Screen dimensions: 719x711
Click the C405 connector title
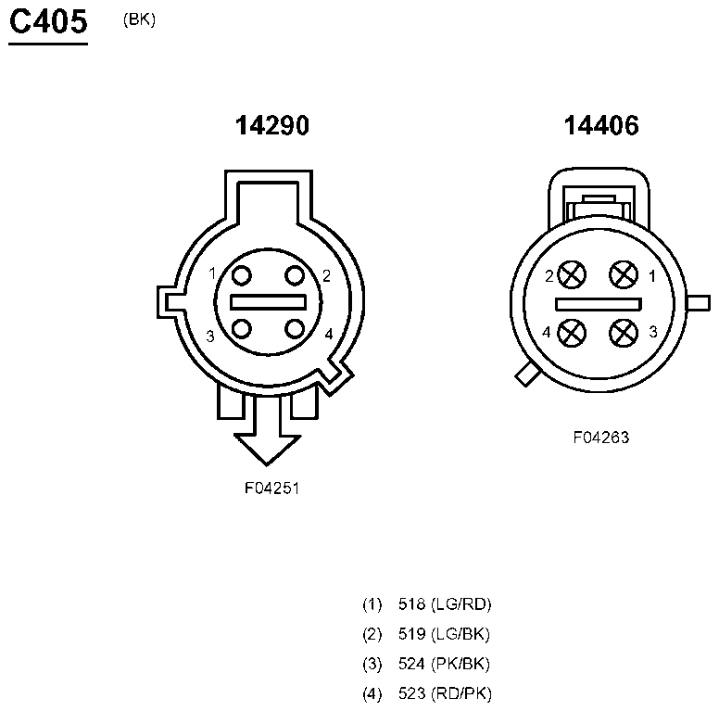48,21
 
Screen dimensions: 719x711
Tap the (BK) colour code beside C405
139,19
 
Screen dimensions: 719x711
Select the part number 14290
272,125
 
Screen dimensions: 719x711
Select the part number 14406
601,125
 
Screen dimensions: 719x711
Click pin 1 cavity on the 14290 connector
242,275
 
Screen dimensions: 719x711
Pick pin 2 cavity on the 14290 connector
295,275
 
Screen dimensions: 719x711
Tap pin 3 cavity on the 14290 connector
242,329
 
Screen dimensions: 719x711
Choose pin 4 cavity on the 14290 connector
295,329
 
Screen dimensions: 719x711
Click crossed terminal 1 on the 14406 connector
624,274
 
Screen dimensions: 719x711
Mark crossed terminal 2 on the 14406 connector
572,274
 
